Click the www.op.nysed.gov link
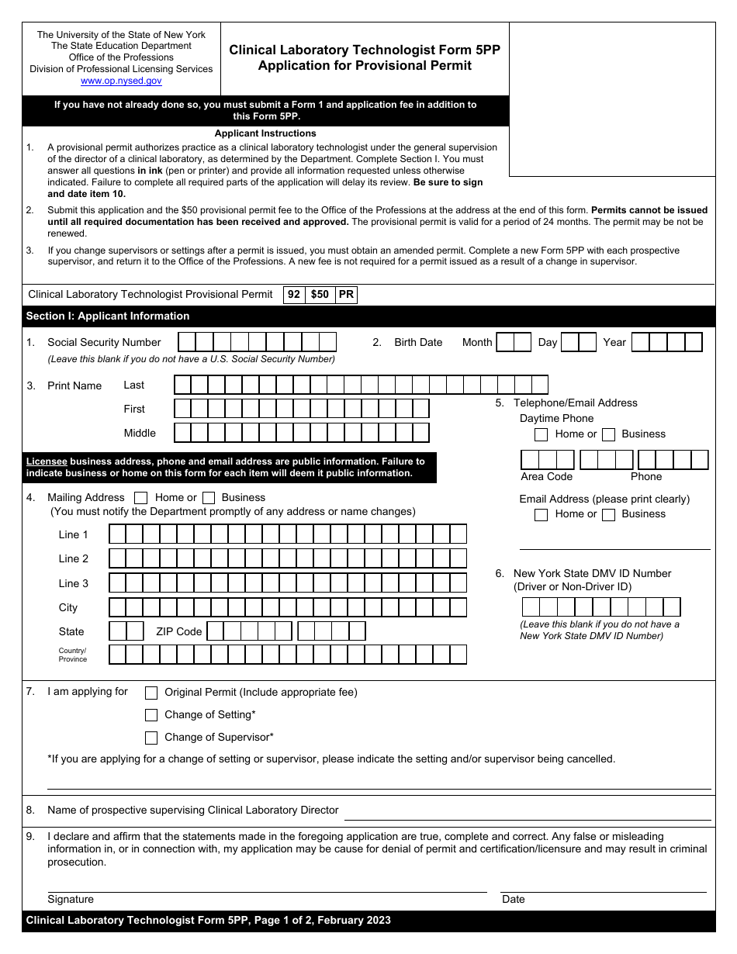[x=121, y=81]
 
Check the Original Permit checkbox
[x=151, y=693]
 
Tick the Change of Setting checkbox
[x=151, y=715]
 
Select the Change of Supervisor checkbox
[x=151, y=738]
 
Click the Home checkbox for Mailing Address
[x=141, y=498]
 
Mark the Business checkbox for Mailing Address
[x=209, y=498]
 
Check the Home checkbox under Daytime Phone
[x=542, y=434]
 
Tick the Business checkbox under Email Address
[x=609, y=514]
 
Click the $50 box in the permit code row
[x=320, y=295]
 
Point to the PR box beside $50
[x=346, y=295]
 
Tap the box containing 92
[x=294, y=295]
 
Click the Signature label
[x=71, y=899]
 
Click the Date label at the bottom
[x=514, y=899]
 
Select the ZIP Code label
[x=179, y=631]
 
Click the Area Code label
[x=547, y=476]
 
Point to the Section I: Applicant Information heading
[x=108, y=316]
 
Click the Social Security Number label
[x=104, y=342]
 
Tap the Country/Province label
[x=73, y=655]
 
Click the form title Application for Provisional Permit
[x=365, y=65]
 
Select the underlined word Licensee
[x=47, y=461]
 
